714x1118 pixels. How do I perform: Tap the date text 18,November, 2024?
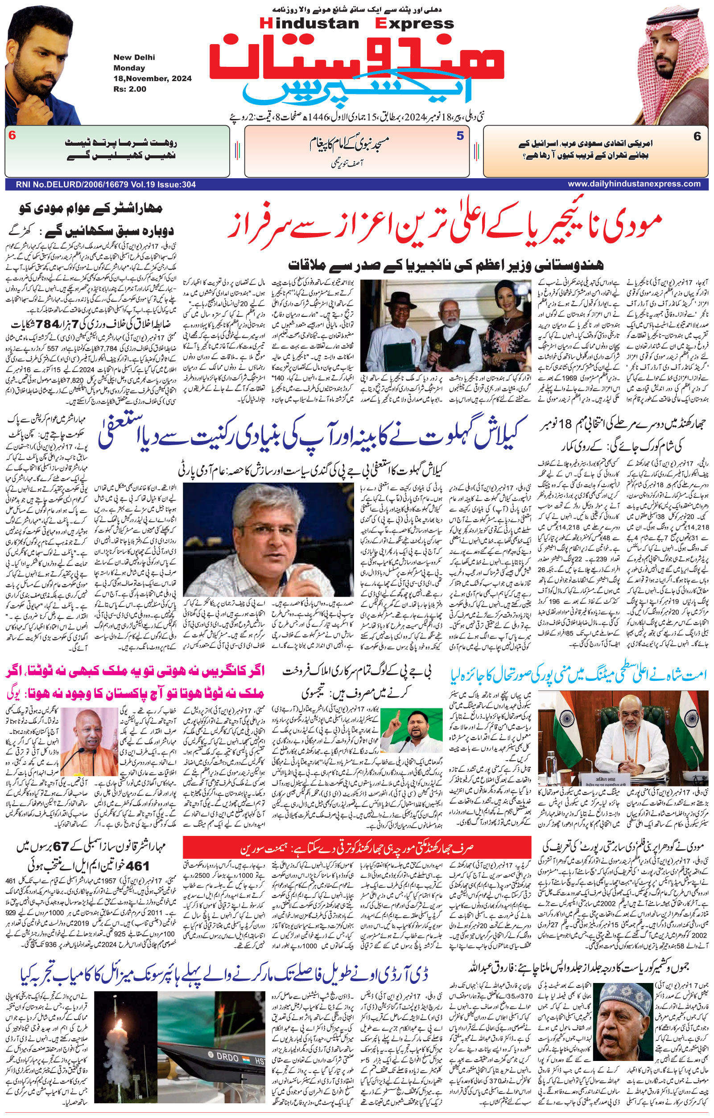pos(153,78)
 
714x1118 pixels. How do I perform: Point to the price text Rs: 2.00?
pos(130,89)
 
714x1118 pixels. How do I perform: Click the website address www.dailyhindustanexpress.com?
pos(634,184)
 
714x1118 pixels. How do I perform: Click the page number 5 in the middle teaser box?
pos(460,136)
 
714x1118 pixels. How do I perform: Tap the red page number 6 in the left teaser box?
pos(12,136)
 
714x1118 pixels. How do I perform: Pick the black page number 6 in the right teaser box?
pos(697,136)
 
